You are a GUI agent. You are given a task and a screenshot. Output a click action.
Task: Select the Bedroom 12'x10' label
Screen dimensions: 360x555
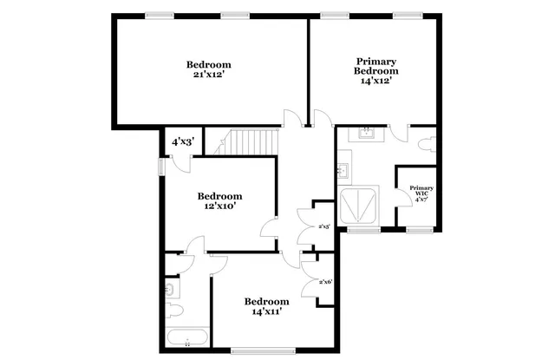tap(219, 201)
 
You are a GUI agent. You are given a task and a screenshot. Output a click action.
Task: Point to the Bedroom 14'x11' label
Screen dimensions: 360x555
tap(267, 305)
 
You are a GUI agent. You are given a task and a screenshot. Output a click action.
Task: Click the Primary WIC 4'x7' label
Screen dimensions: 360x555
tap(421, 193)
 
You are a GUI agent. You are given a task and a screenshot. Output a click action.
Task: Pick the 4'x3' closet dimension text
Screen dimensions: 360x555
tap(182, 141)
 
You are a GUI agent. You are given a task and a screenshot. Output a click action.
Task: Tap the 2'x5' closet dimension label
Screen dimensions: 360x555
tap(323, 226)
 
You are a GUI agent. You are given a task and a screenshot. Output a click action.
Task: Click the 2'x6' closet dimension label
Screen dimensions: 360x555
tap(326, 281)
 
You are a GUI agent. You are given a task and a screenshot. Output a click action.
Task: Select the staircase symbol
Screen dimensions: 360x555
tap(251, 141)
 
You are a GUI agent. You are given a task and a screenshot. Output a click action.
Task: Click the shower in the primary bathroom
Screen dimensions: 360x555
tap(361, 206)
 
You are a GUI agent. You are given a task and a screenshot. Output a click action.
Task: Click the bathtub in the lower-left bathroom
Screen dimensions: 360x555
tap(186, 337)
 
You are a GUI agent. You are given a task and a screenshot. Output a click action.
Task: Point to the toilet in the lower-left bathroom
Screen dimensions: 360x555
tap(173, 309)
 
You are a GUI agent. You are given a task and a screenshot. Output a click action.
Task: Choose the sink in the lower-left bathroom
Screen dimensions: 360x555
tap(171, 287)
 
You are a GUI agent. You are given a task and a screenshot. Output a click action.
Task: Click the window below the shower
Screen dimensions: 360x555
tap(362, 230)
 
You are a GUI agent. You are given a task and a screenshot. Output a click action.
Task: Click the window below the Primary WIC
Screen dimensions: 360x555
tap(420, 230)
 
